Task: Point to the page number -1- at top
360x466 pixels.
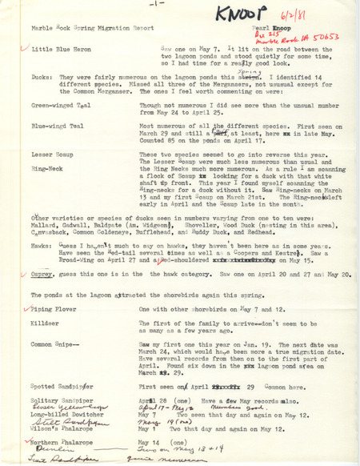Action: click(176, 4)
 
